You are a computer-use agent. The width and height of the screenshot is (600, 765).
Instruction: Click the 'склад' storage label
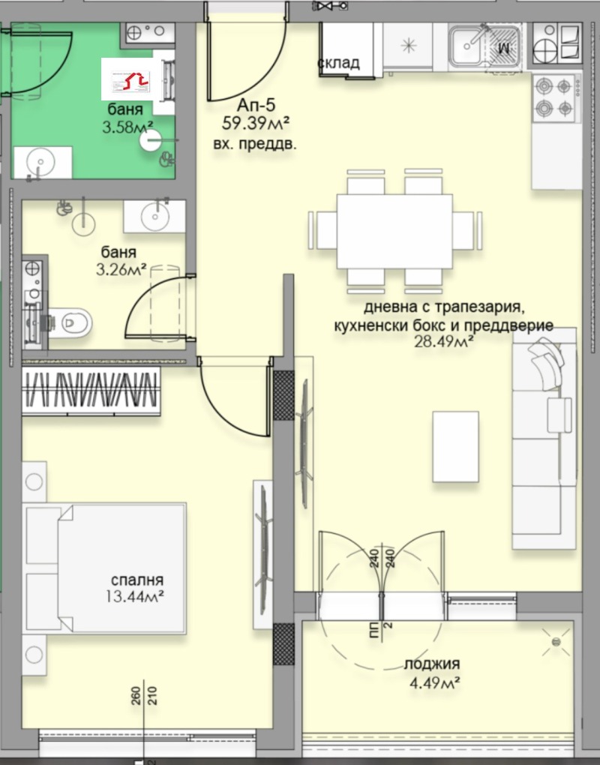pyautogui.click(x=338, y=62)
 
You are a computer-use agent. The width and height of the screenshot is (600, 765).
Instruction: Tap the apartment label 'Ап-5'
pyautogui.click(x=256, y=104)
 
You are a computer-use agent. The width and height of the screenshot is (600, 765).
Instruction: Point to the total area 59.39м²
pyautogui.click(x=256, y=124)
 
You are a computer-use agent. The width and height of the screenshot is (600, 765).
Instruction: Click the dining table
pyautogui.click(x=394, y=231)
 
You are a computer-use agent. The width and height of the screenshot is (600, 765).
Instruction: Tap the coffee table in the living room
pyautogui.click(x=455, y=446)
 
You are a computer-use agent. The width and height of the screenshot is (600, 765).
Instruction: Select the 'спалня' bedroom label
pyautogui.click(x=137, y=580)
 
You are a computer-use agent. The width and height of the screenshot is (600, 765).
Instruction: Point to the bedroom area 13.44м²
pyautogui.click(x=135, y=596)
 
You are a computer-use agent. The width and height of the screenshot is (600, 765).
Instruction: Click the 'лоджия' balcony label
pyautogui.click(x=432, y=664)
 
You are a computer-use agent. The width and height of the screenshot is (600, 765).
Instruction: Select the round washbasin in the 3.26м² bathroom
pyautogui.click(x=155, y=216)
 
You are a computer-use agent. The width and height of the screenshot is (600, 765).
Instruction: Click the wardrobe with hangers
pyautogui.click(x=91, y=391)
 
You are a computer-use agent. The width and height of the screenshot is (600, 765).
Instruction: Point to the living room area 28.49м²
pyautogui.click(x=444, y=341)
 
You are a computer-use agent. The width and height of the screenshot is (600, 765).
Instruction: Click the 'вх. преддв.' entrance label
pyautogui.click(x=255, y=145)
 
